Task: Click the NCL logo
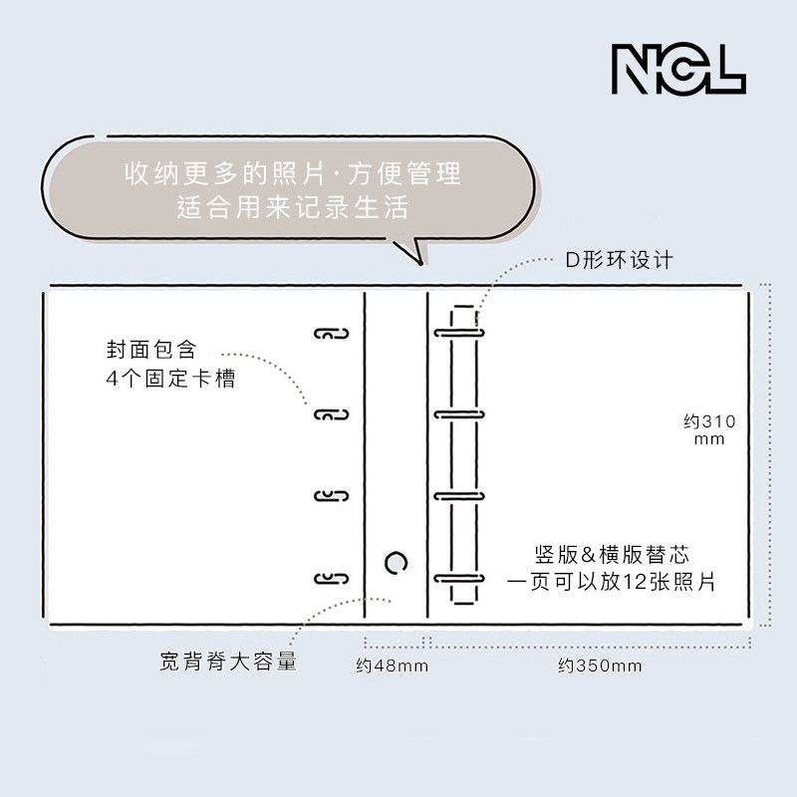[677, 69]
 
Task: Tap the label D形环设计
[620, 260]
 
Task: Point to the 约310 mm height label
[709, 429]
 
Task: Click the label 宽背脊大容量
[228, 661]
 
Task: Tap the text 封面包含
[152, 351]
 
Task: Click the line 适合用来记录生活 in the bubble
[293, 208]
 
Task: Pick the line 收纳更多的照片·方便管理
[293, 174]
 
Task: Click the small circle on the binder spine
[396, 563]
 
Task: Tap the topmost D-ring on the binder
[458, 331]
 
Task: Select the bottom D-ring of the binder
[458, 578]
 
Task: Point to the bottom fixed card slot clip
[332, 579]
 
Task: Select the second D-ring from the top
[458, 413]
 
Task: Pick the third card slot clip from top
[332, 496]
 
